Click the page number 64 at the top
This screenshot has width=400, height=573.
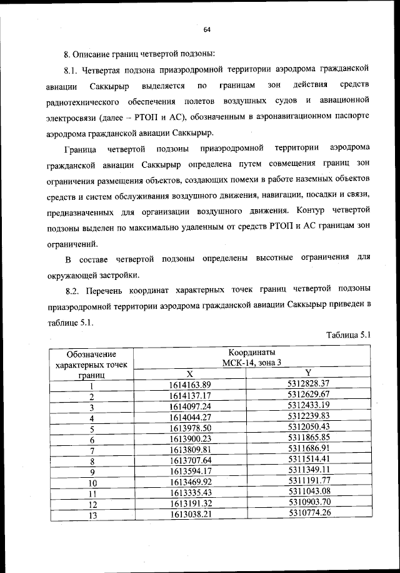207,29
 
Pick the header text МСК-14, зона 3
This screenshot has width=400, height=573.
251,363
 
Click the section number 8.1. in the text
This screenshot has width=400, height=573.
74,68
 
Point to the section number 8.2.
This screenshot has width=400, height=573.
74,290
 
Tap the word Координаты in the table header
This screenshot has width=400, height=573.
251,352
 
